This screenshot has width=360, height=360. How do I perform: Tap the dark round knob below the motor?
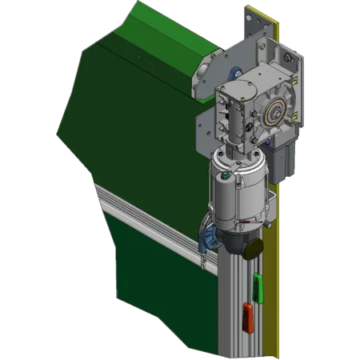click(253, 249)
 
